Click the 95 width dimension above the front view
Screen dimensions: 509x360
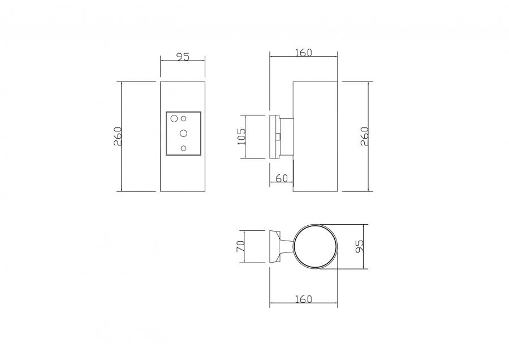(183, 57)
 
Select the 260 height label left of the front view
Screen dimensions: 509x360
(118, 136)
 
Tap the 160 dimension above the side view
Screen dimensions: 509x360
(304, 52)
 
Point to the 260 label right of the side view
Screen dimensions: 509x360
(365, 136)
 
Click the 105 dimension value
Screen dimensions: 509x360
(242, 137)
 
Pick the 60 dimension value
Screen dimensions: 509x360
(282, 178)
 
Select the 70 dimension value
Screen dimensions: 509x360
(240, 246)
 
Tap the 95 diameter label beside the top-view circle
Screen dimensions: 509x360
(359, 246)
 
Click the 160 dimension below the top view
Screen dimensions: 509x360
(304, 299)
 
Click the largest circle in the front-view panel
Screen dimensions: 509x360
(174, 118)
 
